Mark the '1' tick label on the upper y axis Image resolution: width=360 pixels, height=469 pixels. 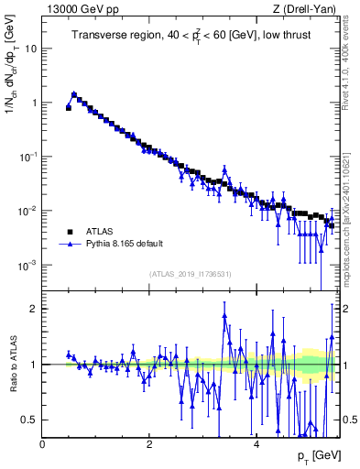coord(34,103)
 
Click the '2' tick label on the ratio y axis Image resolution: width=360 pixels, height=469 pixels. coord(34,309)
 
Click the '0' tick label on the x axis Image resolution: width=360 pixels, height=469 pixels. coord(42,443)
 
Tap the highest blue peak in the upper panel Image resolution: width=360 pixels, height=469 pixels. coord(74,93)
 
